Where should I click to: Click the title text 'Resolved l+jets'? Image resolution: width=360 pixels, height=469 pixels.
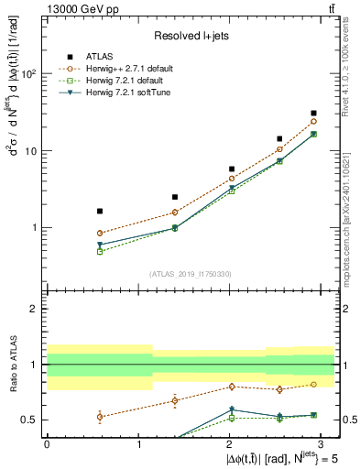191,35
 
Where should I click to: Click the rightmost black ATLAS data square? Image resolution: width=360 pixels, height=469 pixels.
313,114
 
